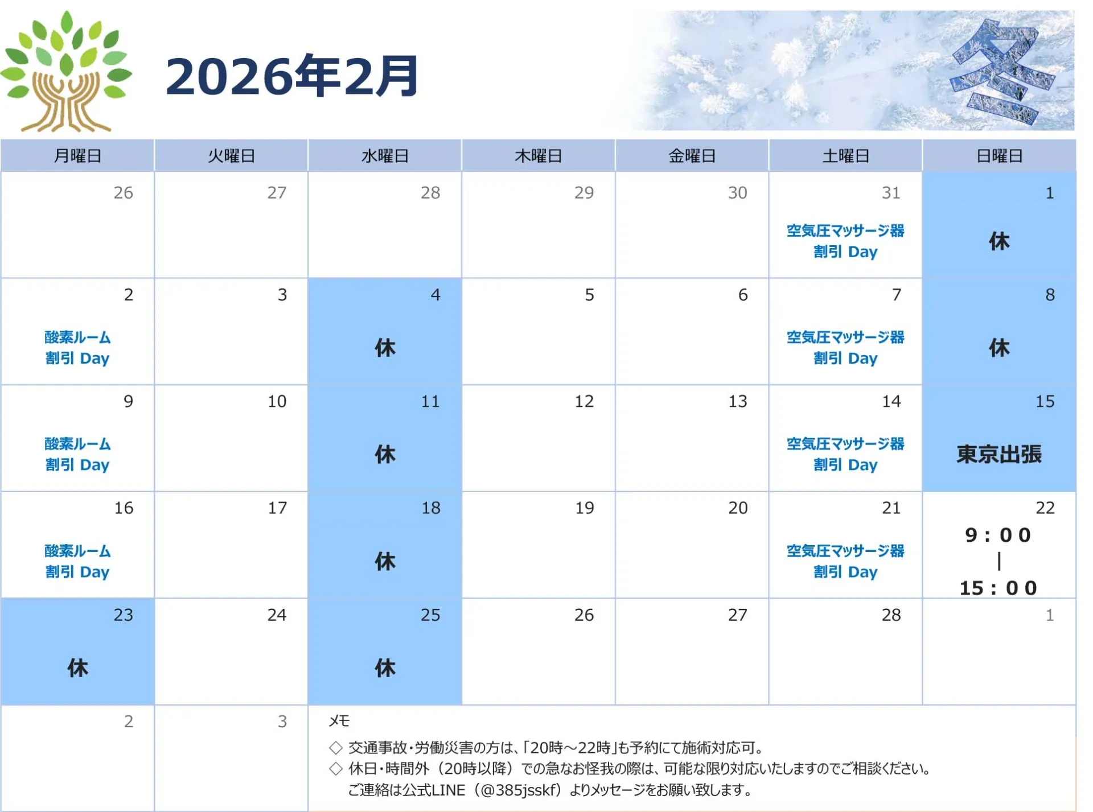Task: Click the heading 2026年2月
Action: (292, 76)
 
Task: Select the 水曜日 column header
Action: (385, 156)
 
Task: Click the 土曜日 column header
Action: (845, 156)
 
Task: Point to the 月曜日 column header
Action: (77, 156)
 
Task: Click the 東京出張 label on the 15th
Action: (999, 454)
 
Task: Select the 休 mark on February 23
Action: (77, 667)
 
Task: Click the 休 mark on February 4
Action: (385, 348)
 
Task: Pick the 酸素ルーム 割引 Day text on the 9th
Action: (77, 454)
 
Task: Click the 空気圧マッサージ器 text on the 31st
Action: (845, 230)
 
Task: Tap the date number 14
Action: (891, 402)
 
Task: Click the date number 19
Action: (584, 508)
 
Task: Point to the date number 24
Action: (277, 615)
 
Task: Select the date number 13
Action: (738, 402)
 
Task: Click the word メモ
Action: (339, 721)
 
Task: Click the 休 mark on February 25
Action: (385, 667)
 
